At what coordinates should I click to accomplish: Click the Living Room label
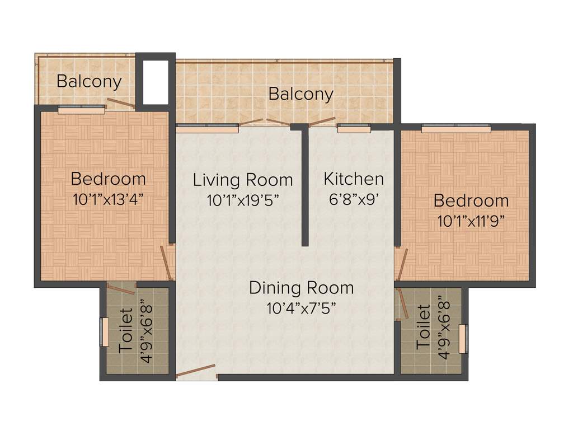243,180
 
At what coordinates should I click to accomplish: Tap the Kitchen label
354,179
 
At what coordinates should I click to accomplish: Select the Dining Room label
301,288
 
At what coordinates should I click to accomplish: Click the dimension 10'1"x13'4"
109,199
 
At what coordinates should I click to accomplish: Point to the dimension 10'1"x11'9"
471,220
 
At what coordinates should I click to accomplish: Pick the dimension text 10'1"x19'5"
243,200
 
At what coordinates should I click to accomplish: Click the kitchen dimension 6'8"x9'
354,199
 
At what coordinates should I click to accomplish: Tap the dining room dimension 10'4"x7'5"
301,308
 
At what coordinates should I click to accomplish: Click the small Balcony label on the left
89,81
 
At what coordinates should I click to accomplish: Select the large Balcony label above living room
301,94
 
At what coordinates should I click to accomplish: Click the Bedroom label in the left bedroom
109,179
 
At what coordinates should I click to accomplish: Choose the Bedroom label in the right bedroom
471,200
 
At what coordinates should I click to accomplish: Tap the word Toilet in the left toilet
126,330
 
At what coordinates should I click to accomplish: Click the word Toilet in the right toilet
424,328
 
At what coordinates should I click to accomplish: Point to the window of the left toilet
103,333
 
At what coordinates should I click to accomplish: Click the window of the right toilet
462,339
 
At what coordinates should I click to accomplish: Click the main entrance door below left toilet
196,371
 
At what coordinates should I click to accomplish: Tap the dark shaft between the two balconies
156,82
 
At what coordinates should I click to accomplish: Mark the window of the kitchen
354,129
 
